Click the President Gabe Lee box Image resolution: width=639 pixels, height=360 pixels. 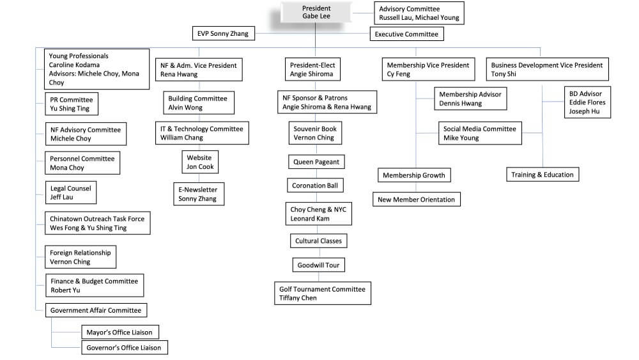(316, 12)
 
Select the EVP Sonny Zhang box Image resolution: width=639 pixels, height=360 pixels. (223, 33)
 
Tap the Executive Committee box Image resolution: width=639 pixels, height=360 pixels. (406, 34)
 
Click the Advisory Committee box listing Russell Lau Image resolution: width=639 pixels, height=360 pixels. (419, 13)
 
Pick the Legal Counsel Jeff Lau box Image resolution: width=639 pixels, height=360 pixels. (71, 192)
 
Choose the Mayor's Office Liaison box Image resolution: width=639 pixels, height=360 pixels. (119, 333)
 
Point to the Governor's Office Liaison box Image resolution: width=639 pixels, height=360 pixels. (125, 348)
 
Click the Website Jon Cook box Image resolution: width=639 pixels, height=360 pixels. (200, 162)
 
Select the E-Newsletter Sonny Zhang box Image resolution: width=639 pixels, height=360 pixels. (198, 194)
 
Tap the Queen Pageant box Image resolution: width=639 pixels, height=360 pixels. (316, 162)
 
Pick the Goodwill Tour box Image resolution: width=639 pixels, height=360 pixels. (318, 265)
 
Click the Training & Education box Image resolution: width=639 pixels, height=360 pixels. (543, 175)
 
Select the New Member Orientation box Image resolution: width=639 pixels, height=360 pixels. (416, 200)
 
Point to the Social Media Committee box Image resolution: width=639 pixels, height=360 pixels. (480, 133)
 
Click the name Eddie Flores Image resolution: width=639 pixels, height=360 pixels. (587, 102)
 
